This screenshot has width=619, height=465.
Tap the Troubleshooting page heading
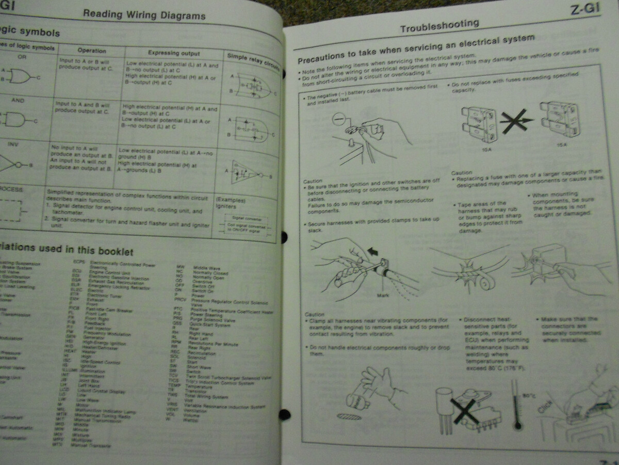439,26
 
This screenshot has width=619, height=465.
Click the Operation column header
92,51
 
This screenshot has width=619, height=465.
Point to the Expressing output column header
174,53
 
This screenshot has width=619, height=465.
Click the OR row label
22,57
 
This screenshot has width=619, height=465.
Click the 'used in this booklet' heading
67,250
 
